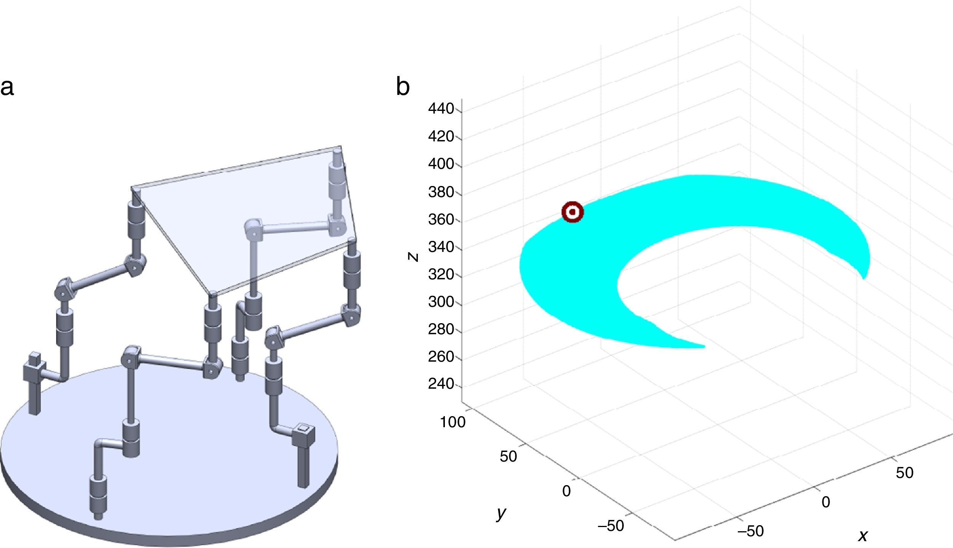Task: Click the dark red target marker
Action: tap(572, 212)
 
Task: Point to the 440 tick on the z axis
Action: tap(441, 109)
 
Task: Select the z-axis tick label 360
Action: tap(441, 220)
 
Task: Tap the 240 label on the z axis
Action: tap(441, 384)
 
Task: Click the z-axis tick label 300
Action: tap(441, 302)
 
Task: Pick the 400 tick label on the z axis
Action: tap(441, 164)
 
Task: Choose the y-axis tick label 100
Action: tap(453, 422)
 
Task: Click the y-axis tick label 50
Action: tap(508, 457)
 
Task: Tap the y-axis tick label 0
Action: tap(566, 491)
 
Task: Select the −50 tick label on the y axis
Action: tap(611, 526)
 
